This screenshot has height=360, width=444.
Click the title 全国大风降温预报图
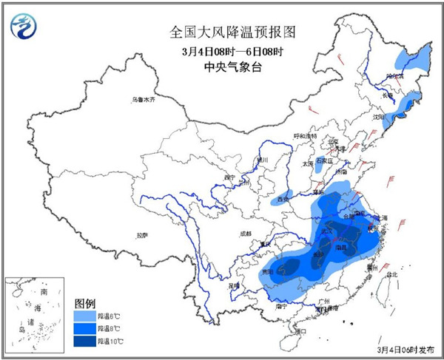point(222,33)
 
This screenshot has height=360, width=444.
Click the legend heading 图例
point(85,303)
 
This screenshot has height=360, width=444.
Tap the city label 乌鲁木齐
point(144,100)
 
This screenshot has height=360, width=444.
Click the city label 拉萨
point(141,236)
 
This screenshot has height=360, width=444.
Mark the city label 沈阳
point(380,116)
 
